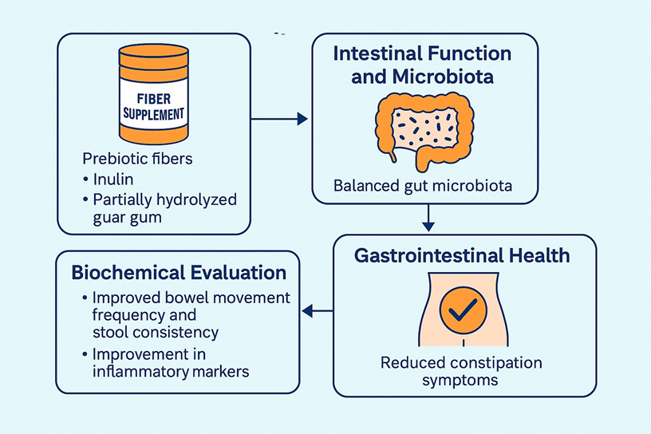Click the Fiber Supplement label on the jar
[x=154, y=105]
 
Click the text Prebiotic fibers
[x=137, y=159]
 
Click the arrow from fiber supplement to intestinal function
[x=279, y=119]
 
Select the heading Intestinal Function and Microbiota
[x=422, y=66]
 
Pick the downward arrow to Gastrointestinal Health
[x=430, y=217]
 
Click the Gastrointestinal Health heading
[x=464, y=255]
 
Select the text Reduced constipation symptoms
[x=461, y=371]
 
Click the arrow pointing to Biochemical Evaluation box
[x=319, y=311]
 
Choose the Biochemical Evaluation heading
[x=179, y=273]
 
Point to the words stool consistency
[x=155, y=331]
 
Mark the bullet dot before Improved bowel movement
[x=85, y=298]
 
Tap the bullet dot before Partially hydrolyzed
[x=86, y=199]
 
